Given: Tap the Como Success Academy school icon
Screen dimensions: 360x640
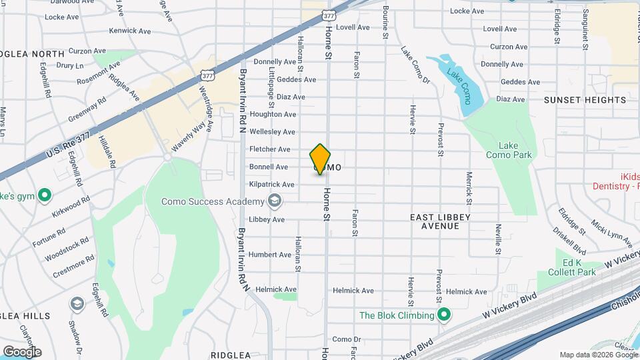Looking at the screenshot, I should (274, 201).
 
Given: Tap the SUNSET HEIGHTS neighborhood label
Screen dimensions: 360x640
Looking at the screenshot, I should (585, 100).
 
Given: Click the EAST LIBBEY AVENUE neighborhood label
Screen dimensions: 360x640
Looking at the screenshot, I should (440, 221).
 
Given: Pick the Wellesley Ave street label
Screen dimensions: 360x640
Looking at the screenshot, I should (272, 132).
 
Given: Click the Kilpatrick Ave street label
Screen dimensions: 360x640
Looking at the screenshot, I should (272, 184).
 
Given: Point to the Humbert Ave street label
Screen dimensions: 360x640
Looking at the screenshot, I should (270, 255).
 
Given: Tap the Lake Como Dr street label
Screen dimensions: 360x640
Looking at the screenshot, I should (415, 65).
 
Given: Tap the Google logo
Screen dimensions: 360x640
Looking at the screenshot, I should (22, 351).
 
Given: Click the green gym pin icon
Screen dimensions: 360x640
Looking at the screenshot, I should (45, 195).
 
